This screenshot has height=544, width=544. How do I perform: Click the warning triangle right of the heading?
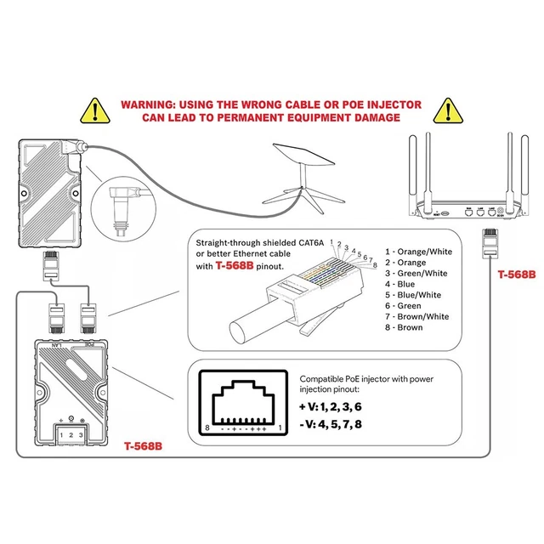pyautogui.click(x=447, y=110)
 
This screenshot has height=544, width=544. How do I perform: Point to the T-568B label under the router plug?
pyautogui.click(x=517, y=275)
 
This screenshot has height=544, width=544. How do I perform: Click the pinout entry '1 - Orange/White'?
pyautogui.click(x=418, y=252)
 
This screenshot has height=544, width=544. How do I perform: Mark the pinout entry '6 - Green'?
pyautogui.click(x=403, y=306)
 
